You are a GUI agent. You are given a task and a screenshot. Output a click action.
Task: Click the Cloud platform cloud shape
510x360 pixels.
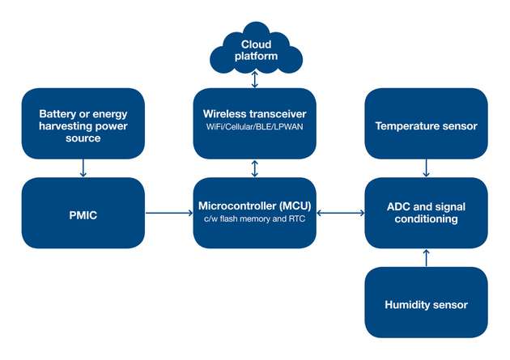[255, 47]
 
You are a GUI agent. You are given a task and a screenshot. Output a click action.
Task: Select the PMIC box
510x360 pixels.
[83, 213]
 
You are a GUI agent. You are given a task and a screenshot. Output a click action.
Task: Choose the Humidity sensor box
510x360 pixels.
[426, 303]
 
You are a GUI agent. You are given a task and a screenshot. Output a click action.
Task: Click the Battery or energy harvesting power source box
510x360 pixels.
[83, 124]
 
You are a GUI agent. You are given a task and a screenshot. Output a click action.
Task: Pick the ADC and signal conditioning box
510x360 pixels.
[426, 213]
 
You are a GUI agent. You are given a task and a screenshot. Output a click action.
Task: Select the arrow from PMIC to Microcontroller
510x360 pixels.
[168, 214]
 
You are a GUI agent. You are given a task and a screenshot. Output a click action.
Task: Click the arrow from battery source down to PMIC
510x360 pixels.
[83, 168]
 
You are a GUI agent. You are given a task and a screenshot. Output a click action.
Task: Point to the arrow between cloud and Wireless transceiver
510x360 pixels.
[255, 79]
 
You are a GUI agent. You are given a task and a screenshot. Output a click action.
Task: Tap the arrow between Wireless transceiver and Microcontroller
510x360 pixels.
[255, 168]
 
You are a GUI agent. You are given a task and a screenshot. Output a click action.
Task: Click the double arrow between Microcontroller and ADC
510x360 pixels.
[340, 214]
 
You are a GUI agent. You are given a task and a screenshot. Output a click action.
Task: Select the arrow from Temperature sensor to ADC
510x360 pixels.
[426, 168]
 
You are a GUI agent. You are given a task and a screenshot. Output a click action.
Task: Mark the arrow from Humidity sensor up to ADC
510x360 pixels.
[426, 258]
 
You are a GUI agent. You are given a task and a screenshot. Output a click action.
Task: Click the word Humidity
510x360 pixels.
[408, 304]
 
